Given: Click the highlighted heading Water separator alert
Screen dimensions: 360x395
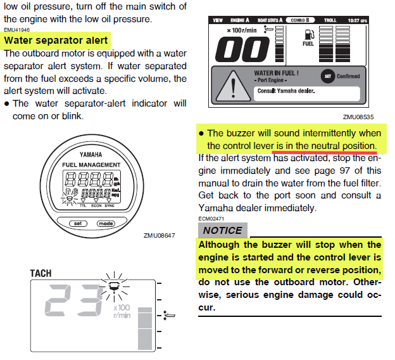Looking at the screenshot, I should click(56, 41).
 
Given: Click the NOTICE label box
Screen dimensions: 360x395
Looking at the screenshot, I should click(222, 231).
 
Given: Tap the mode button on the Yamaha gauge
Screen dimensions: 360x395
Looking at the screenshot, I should click(105, 224).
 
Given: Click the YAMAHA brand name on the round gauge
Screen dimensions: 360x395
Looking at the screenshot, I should click(92, 155).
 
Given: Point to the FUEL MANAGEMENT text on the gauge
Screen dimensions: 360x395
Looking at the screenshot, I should click(91, 165).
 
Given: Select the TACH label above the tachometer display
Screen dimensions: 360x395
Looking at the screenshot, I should click(41, 273).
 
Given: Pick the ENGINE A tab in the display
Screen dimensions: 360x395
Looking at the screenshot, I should click(239, 20).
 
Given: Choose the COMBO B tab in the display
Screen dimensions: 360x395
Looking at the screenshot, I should click(299, 20).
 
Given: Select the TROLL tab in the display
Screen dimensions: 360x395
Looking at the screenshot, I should click(330, 20).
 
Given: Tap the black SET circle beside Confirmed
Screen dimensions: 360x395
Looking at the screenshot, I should click(328, 76).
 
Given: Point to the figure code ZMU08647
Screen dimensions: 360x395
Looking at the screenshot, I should click(160, 236).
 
